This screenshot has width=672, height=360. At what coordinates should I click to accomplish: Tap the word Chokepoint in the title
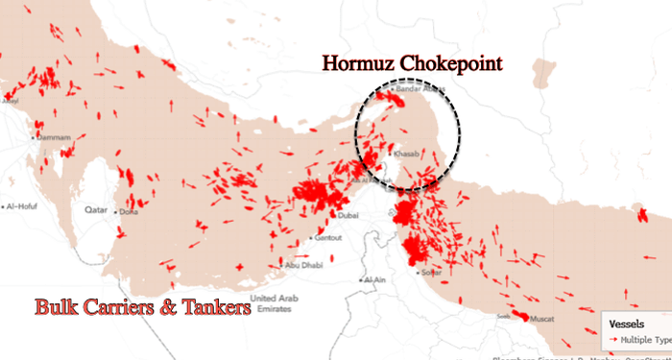pos(450,65)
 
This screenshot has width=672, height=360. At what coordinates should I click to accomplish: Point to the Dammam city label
pos(54,138)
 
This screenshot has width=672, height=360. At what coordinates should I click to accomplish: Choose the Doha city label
pos(130,211)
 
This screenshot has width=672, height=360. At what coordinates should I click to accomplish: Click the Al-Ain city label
pos(373,279)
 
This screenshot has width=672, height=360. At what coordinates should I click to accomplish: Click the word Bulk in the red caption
pos(59,308)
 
